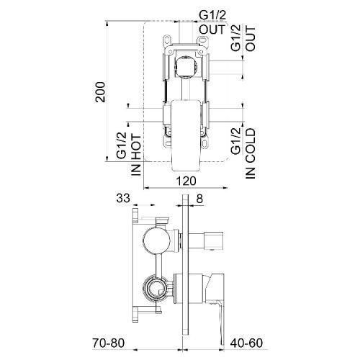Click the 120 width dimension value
pyautogui.click(x=186, y=181)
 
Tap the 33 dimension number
pyautogui.click(x=123, y=199)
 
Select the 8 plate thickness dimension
pyautogui.click(x=199, y=199)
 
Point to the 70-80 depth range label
pyautogui.click(x=109, y=343)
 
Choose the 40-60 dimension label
pyautogui.click(x=246, y=343)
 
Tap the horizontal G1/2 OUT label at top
pyautogui.click(x=212, y=23)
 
